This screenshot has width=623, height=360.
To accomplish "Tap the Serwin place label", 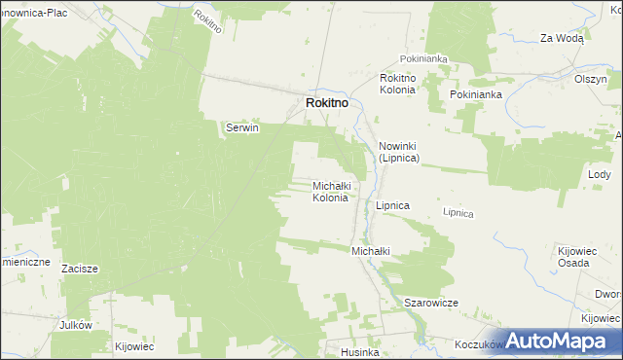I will (242, 127).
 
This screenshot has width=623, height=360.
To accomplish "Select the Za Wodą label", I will (562, 38).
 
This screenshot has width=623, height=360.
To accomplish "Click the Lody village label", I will (599, 174).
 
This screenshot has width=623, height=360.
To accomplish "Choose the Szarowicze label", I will (431, 303).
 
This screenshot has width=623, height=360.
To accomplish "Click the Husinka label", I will (359, 352).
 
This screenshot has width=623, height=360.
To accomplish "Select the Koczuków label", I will (477, 344).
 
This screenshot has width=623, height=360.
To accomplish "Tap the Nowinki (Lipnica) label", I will (398, 151).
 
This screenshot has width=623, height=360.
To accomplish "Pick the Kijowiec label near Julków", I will (134, 345).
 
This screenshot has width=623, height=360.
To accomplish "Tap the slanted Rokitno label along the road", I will (208, 21).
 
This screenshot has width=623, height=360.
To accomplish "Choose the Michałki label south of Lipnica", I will (370, 251).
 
